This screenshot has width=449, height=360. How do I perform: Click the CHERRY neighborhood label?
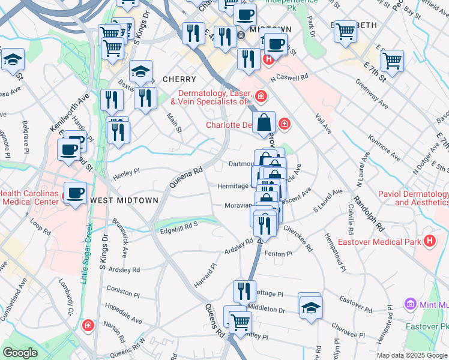(179, 79)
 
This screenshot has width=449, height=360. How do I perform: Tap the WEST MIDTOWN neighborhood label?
(124, 200)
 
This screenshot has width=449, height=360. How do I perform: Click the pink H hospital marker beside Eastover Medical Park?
(430, 242)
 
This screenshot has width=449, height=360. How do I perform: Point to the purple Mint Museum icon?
(411, 304)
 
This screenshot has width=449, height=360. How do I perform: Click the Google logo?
(20, 353)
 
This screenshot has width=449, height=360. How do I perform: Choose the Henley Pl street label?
(126, 175)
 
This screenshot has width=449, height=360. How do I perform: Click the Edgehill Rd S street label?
(179, 227)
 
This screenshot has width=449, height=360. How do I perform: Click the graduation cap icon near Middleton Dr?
(310, 307)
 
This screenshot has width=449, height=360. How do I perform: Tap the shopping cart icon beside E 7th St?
(392, 59)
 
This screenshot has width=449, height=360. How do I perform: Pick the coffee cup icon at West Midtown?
(75, 193)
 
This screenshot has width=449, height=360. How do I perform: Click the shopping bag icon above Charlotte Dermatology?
(264, 122)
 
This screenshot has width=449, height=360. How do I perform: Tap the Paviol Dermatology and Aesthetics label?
(413, 198)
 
